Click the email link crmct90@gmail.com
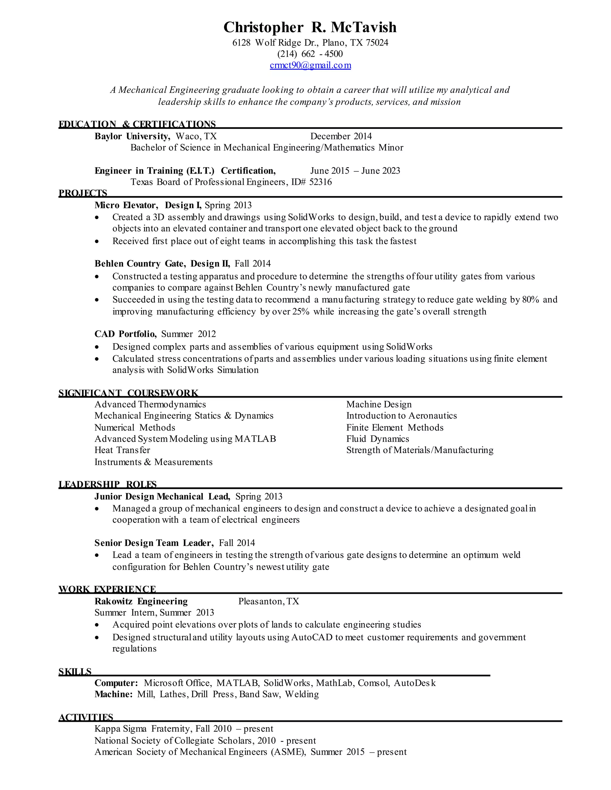(310, 66)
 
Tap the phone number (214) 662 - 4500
(310, 54)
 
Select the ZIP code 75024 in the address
(377, 43)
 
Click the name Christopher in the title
(263, 27)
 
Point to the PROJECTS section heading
(83, 193)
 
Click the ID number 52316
(320, 182)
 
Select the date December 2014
(341, 136)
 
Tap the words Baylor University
(132, 136)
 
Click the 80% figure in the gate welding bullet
(531, 300)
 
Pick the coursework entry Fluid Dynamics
(377, 439)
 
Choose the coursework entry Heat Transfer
(122, 450)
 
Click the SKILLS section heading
(75, 672)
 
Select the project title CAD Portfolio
(125, 334)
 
